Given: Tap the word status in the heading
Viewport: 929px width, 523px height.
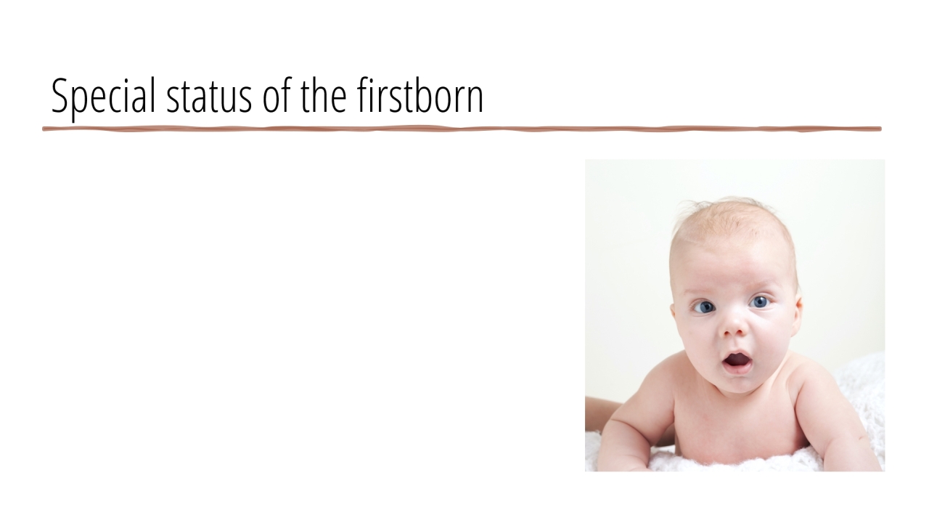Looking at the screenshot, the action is click(209, 96).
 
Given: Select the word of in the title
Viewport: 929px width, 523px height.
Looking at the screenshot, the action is click(277, 95).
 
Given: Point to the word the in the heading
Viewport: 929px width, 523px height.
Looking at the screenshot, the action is click(324, 95).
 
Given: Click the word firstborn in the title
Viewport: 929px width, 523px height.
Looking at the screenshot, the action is click(420, 95).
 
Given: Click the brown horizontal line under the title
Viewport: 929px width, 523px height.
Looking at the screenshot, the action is click(462, 129).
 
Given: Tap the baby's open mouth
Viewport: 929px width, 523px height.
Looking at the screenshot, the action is click(737, 361).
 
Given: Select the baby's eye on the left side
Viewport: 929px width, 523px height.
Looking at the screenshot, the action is click(704, 307).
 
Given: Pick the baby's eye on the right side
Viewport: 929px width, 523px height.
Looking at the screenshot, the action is click(760, 301).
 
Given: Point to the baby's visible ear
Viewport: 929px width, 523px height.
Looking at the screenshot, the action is click(796, 315).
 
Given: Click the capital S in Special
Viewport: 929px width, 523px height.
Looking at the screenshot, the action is click(60, 96).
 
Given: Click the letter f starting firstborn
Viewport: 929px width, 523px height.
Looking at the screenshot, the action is click(363, 95).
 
